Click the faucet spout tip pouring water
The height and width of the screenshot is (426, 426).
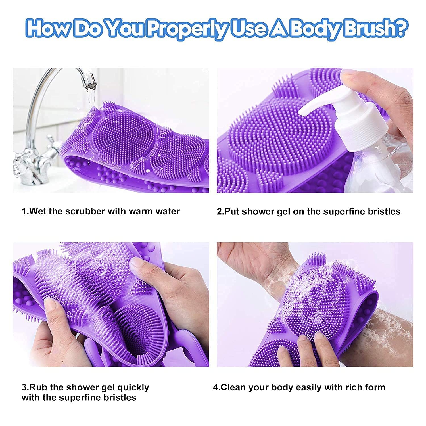click(x=86, y=82)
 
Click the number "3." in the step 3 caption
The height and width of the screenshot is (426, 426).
click(x=25, y=387)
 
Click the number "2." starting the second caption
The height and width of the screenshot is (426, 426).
click(x=221, y=212)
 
